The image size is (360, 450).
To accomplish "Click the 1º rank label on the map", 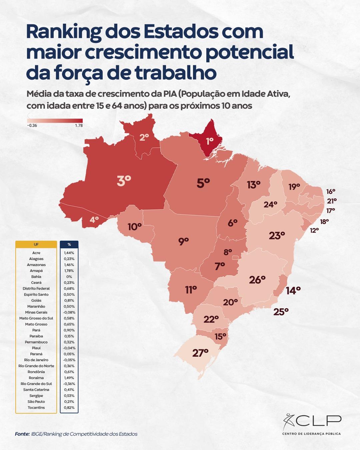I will [x=209, y=141].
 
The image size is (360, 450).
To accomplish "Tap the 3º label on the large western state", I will [x=124, y=181].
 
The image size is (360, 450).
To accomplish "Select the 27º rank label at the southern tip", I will [x=200, y=353].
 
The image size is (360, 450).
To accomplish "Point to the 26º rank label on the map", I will [x=257, y=280].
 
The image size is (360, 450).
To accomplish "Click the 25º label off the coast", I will [x=281, y=312].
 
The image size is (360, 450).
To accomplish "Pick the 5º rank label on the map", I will [x=203, y=183].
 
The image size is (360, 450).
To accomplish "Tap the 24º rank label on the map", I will [x=270, y=204].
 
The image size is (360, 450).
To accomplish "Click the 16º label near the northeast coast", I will [x=331, y=192].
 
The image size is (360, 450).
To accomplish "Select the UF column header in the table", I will [x=36, y=244].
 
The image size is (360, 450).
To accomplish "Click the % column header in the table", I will [x=69, y=244].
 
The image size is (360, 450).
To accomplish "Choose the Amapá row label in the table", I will [x=36, y=271].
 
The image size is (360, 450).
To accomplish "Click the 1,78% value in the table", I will [x=69, y=271].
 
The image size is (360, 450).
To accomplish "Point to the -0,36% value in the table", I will [x=69, y=384].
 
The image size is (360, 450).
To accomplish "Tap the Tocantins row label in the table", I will [x=36, y=408].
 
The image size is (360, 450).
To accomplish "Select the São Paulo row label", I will [x=36, y=402].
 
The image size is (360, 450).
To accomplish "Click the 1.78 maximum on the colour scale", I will [x=79, y=126].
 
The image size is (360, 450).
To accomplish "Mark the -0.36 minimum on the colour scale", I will [x=32, y=126].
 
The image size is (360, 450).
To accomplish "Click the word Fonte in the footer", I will [x=22, y=434].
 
